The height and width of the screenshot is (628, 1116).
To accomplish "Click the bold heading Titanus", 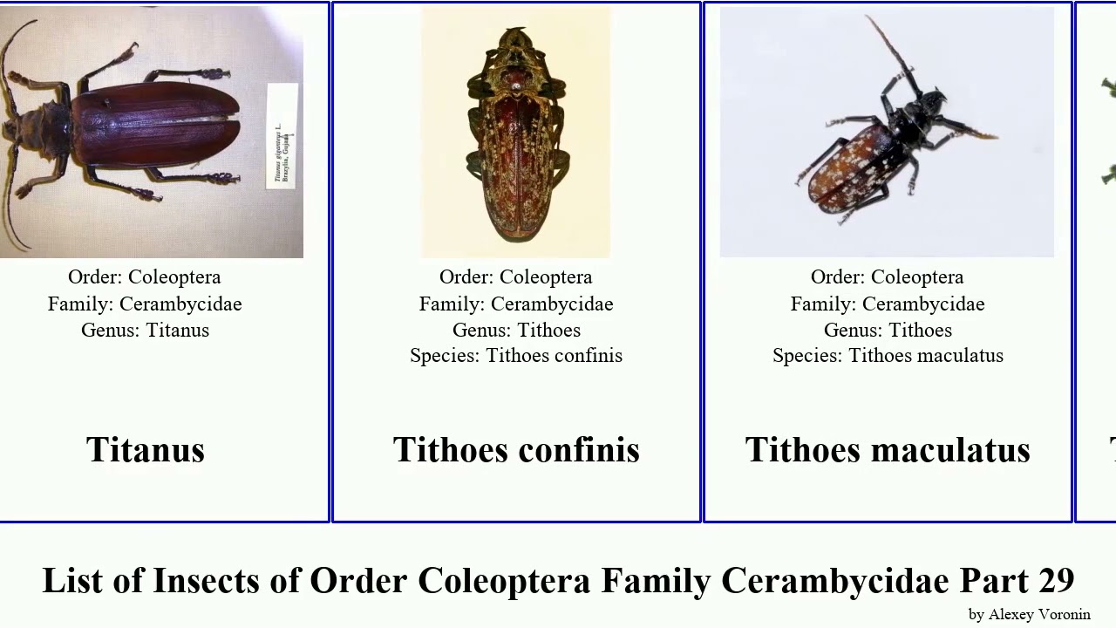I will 146,450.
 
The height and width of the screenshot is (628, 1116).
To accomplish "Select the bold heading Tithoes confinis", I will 516,450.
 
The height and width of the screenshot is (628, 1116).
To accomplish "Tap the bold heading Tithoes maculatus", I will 888,450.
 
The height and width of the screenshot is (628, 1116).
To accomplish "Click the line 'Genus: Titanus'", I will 145,330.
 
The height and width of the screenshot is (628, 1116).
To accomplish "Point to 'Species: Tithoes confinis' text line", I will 516,356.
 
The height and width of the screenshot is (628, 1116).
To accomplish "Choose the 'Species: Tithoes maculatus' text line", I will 888,356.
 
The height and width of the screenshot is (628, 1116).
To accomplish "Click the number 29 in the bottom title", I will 1056,580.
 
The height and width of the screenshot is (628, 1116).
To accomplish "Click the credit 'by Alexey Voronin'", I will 1029,614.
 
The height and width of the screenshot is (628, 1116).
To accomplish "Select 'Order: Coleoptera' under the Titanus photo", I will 145,277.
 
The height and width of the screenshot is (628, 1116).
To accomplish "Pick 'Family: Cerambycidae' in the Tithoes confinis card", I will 516,304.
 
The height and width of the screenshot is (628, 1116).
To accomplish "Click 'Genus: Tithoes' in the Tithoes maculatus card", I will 888,330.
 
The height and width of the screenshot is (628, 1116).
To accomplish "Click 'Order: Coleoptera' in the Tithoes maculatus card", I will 888,277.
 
